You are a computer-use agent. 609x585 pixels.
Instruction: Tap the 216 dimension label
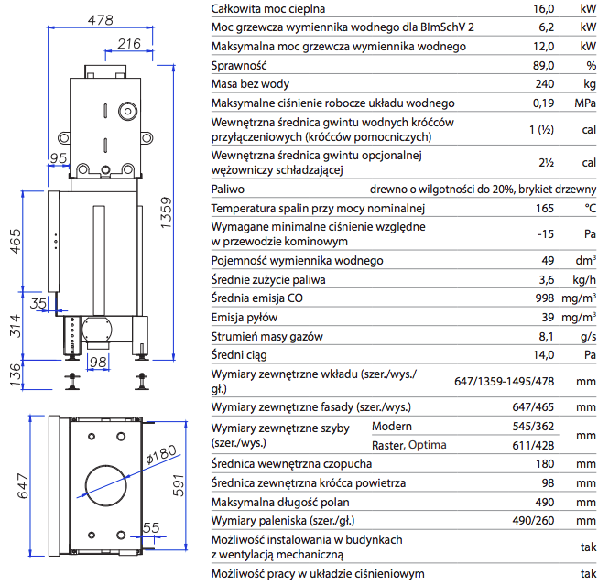pos(129,43)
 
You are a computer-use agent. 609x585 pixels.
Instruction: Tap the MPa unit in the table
pos(585,103)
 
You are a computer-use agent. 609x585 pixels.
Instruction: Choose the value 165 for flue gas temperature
pos(545,209)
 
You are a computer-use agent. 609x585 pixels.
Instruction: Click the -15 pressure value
pos(547,233)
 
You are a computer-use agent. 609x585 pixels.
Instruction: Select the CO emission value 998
pos(545,298)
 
